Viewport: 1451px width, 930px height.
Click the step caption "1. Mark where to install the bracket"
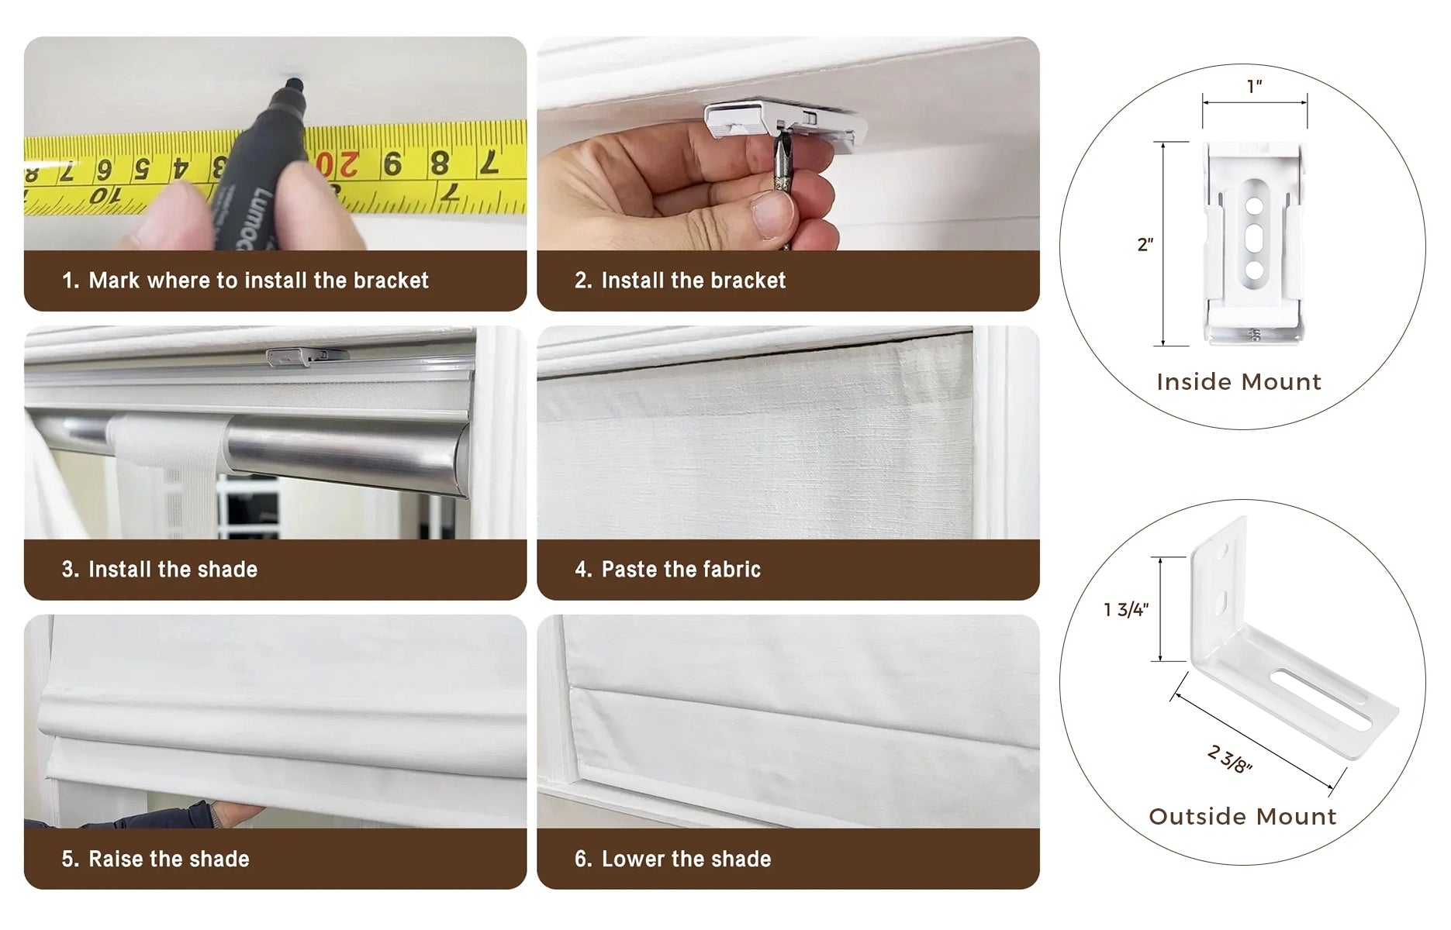(245, 281)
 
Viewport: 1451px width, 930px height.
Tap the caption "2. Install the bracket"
(680, 281)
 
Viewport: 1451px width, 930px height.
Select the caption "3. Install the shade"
(160, 570)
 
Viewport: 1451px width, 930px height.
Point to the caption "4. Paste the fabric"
(668, 570)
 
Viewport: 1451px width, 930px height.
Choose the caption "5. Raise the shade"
(156, 859)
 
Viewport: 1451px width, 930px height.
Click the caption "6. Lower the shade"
(673, 859)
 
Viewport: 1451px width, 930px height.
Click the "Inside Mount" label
(1239, 382)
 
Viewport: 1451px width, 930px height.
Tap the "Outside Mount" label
(1242, 817)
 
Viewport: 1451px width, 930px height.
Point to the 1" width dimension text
(1255, 86)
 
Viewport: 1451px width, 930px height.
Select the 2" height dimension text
(1145, 245)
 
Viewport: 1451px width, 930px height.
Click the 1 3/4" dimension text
(1126, 610)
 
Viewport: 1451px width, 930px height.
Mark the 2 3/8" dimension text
(1230, 759)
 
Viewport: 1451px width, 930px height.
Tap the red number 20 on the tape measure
(337, 164)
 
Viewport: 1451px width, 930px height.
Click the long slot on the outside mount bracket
(1321, 699)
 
